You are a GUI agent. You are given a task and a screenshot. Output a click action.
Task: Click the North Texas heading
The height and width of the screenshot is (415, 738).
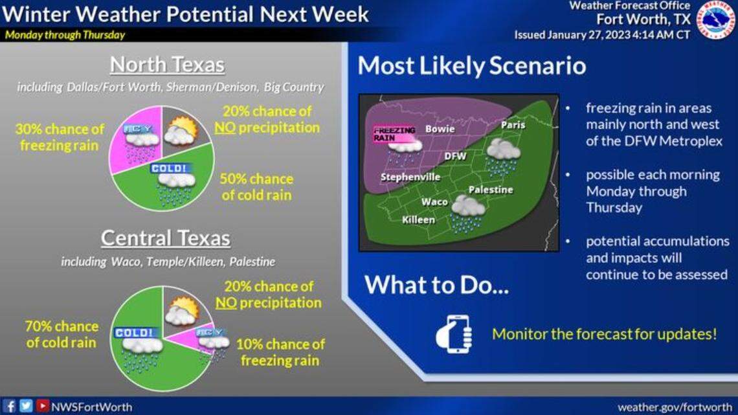(167, 65)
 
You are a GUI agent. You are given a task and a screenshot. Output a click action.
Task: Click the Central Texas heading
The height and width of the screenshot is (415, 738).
(165, 238)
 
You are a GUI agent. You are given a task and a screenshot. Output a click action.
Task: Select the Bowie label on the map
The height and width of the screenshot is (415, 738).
(440, 129)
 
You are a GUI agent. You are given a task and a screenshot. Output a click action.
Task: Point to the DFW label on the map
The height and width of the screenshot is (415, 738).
(455, 156)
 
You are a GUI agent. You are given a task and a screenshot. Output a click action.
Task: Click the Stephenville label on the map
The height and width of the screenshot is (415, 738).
(410, 177)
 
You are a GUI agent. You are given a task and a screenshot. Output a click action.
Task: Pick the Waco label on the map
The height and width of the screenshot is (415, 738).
(434, 201)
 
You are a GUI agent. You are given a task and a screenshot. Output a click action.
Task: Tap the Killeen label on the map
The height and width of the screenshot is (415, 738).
(418, 220)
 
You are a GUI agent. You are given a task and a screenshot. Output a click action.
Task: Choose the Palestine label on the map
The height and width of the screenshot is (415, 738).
(490, 190)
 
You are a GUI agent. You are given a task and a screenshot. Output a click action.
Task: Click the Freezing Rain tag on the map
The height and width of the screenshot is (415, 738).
(394, 134)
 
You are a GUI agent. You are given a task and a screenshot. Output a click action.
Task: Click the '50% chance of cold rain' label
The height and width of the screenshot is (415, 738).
(256, 186)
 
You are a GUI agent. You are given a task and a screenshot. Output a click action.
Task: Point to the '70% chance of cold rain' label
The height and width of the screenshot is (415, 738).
(62, 334)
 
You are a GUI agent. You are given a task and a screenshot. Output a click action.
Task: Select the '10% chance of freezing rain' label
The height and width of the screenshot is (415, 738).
(280, 352)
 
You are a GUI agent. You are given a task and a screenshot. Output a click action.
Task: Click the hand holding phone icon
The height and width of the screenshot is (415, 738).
(453, 334)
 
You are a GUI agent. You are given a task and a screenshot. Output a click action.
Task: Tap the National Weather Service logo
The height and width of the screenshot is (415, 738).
(715, 20)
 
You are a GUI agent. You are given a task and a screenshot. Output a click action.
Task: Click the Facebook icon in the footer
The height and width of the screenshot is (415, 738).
(10, 406)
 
